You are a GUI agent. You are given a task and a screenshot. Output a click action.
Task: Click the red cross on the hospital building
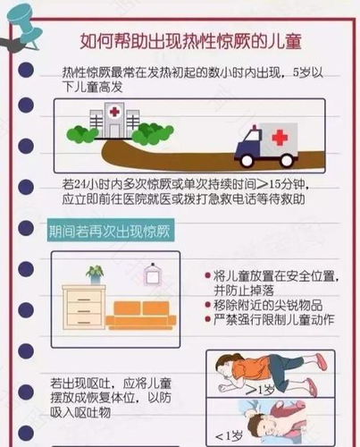click(x=114, y=112)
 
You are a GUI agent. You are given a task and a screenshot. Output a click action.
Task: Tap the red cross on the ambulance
click(x=280, y=137)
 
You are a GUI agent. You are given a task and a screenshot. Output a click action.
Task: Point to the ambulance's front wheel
click(x=247, y=160)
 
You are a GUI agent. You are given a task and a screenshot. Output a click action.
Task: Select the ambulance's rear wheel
click(x=287, y=160)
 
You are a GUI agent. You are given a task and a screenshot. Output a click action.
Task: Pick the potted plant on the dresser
click(x=95, y=275)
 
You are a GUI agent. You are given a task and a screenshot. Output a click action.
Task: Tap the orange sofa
click(x=141, y=316)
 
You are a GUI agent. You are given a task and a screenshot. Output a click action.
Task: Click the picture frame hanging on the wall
click(x=153, y=274)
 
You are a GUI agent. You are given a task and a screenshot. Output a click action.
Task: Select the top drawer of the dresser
click(x=84, y=299)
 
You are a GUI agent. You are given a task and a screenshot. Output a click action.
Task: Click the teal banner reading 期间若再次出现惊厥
click(x=111, y=231)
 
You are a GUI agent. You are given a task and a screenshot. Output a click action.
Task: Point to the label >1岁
click(x=260, y=390)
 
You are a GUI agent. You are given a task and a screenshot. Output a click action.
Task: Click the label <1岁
click(x=229, y=436)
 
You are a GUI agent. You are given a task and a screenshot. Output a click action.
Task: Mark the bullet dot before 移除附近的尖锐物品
click(x=208, y=305)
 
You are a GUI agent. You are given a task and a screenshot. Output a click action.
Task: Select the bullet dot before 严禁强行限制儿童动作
click(x=208, y=319)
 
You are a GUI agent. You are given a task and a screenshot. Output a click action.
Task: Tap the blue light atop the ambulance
click(x=255, y=127)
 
